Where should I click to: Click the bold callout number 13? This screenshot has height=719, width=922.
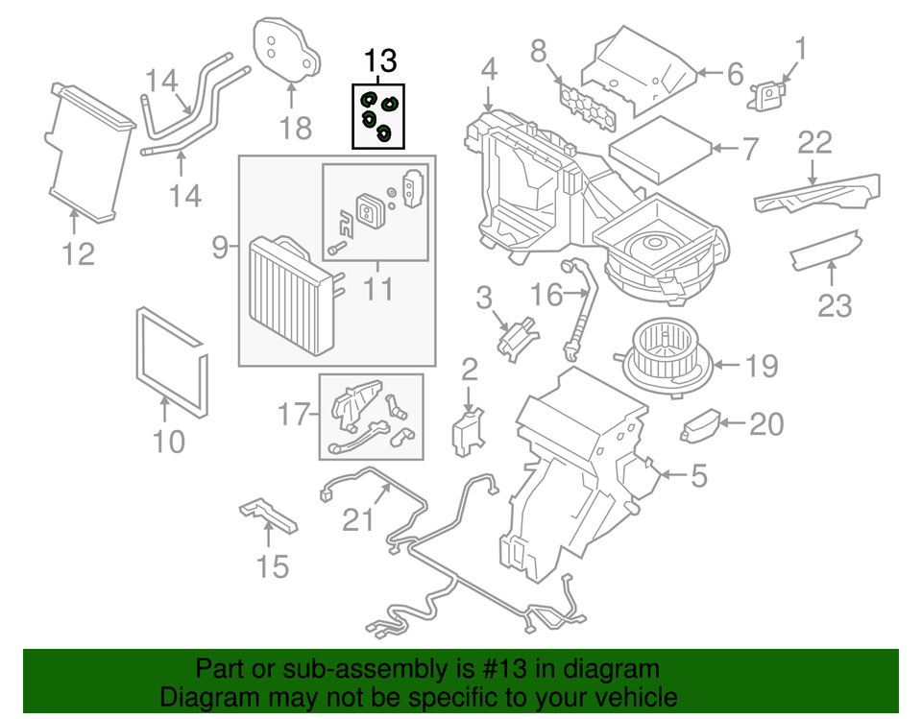[380, 60]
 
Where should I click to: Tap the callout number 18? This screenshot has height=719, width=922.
[295, 128]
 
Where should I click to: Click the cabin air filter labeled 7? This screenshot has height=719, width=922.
[661, 148]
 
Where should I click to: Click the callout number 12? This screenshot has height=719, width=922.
[78, 254]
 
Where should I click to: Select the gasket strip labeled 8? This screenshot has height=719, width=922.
[589, 108]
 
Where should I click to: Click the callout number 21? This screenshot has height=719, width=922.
[358, 519]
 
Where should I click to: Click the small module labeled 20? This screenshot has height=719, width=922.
[700, 425]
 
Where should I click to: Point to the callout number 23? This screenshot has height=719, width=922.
[835, 305]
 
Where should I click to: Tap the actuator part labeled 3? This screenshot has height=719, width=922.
[518, 340]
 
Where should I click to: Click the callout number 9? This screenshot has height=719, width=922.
[220, 247]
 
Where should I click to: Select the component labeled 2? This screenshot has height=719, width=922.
[468, 432]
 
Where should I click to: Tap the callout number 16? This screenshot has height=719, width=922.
[546, 295]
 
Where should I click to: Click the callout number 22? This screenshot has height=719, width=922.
[814, 142]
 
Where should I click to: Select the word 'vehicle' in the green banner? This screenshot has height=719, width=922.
[636, 697]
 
